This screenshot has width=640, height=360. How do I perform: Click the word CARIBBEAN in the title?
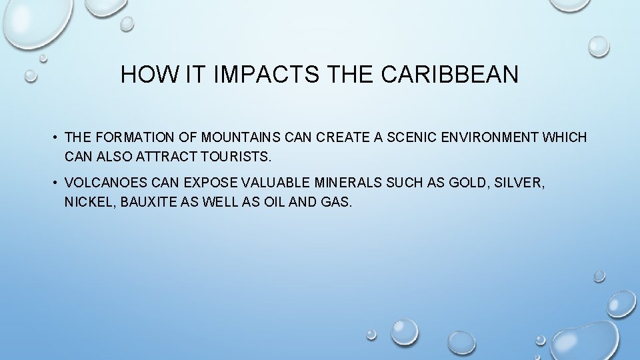click(450, 75)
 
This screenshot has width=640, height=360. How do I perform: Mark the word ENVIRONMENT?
click(491, 138)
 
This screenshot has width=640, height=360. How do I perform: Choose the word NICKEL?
click(87, 201)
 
